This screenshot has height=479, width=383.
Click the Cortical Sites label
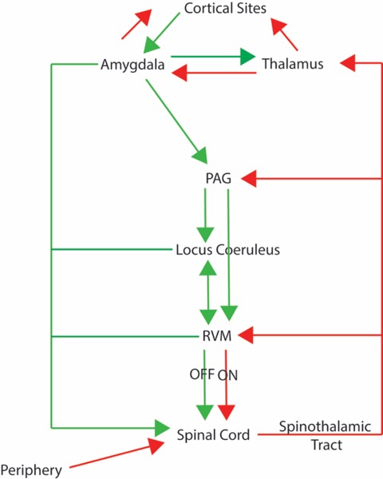pyautogui.click(x=225, y=8)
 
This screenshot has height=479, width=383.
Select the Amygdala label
pyautogui.click(x=132, y=65)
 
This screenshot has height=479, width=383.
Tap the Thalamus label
pyautogui.click(x=293, y=64)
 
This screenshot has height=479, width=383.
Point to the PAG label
pyautogui.click(x=218, y=178)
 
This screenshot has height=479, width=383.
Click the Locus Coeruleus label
pyautogui.click(x=228, y=250)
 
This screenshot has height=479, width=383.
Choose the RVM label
pyautogui.click(x=217, y=336)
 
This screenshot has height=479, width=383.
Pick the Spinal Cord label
pyautogui.click(x=213, y=435)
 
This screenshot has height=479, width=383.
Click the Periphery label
pyautogui.click(x=31, y=470)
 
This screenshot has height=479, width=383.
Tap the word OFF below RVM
pyautogui.click(x=202, y=374)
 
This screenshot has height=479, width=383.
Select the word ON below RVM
pyautogui.click(x=227, y=375)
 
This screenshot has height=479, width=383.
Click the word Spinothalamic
pyautogui.click(x=325, y=427)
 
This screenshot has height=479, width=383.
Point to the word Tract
pyautogui.click(x=326, y=445)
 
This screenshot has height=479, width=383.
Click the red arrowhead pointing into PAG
pyautogui.click(x=249, y=178)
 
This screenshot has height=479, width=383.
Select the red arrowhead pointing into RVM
pyautogui.click(x=246, y=335)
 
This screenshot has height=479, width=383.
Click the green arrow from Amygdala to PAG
pyautogui.click(x=177, y=122)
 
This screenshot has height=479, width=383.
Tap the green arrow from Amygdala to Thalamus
pyautogui.click(x=213, y=57)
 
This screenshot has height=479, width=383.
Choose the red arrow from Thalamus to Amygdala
pyautogui.click(x=214, y=73)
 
